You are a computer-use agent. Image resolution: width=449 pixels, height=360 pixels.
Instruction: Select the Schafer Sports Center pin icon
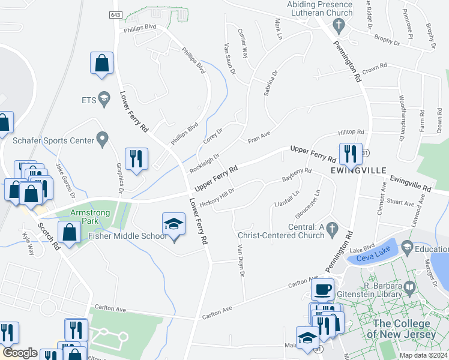[x=102, y=139]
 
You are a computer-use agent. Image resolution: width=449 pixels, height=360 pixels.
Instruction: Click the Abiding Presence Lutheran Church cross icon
[x=339, y=26]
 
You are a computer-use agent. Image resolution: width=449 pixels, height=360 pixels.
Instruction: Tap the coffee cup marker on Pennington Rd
[x=322, y=289]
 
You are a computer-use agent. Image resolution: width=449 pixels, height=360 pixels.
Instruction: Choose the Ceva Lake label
[x=373, y=259]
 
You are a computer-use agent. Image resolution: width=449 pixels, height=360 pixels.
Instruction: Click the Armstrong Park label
[x=92, y=217]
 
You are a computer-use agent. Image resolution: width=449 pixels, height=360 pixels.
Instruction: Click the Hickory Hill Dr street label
[x=217, y=194]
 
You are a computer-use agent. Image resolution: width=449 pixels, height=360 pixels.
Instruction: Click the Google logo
[x=20, y=353]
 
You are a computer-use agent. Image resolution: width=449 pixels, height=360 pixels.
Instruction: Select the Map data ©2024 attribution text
[x=423, y=355]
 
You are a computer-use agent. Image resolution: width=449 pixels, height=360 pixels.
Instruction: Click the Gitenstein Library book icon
[x=410, y=288]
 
